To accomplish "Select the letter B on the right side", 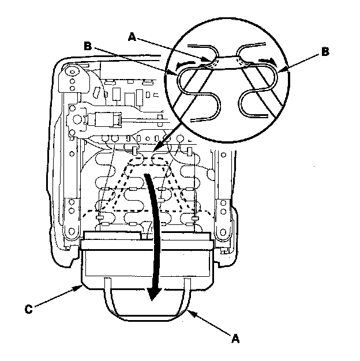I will pyautogui.click(x=326, y=51).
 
